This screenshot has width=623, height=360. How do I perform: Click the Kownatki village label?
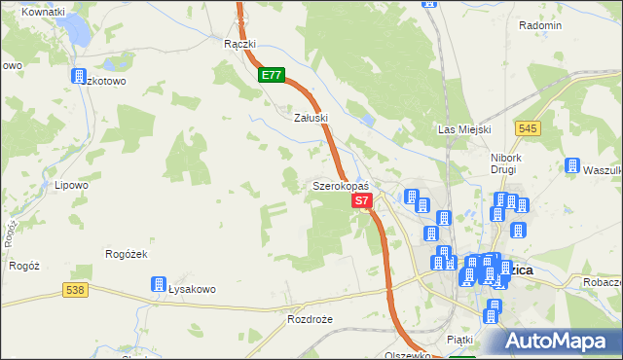coord(42,11)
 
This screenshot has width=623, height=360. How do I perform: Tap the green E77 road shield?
coord(272,75)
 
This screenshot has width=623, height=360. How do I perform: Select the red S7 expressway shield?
coord(361,200)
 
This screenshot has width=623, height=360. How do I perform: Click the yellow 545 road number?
coord(529,128)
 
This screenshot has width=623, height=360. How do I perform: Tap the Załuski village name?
coord(311,117)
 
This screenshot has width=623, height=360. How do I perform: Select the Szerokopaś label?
coord(340,185)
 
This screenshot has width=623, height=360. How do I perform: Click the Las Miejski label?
coord(463,129)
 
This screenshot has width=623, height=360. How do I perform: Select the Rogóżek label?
coord(125,254)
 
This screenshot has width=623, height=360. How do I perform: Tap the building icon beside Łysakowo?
coord(159,285)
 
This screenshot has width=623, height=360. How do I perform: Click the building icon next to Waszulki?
coord(572,166)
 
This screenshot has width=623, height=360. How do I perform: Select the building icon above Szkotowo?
coord(78,76)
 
